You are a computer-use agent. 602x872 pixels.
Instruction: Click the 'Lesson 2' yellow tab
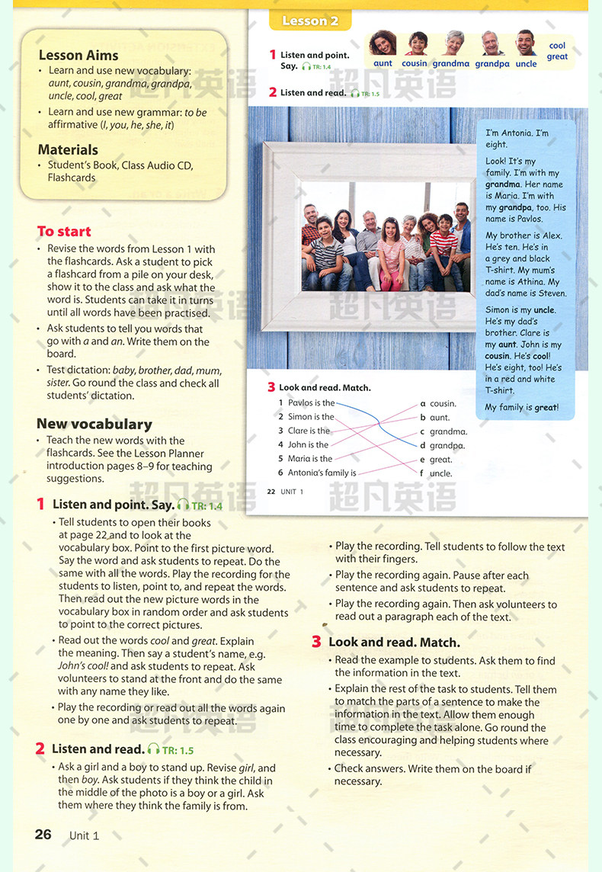(x=309, y=21)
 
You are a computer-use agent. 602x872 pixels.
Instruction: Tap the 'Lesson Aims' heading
(x=78, y=55)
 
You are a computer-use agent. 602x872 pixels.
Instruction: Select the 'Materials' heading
(x=68, y=149)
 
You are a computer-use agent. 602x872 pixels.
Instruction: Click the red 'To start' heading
(x=64, y=231)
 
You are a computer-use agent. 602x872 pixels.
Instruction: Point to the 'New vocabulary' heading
(x=94, y=424)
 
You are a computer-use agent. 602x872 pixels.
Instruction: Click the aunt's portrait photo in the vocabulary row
(x=383, y=43)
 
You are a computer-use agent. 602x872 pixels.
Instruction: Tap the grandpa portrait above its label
(x=492, y=43)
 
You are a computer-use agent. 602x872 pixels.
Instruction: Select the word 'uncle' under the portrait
(x=526, y=64)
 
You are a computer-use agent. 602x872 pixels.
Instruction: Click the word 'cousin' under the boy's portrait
(x=415, y=64)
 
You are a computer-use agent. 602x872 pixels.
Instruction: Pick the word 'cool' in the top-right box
(x=557, y=46)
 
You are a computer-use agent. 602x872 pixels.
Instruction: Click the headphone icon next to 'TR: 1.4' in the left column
(x=183, y=505)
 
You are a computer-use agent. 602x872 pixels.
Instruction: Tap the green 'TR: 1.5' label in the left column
(x=178, y=750)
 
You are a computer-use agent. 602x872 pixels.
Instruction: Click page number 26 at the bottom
(x=43, y=834)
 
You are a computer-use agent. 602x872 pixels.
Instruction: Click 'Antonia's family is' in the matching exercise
(x=322, y=473)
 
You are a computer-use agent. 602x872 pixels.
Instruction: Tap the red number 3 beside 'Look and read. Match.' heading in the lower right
(x=316, y=642)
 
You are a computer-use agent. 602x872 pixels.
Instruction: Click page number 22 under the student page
(x=271, y=492)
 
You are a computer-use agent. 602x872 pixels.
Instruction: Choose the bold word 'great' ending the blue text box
(x=545, y=407)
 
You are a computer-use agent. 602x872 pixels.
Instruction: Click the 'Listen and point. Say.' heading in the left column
(x=113, y=505)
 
